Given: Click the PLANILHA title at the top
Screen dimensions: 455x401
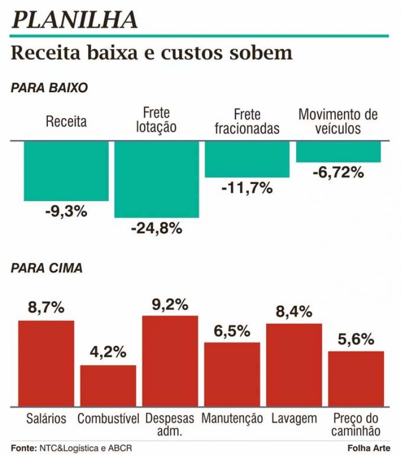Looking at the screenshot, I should [x=74, y=19].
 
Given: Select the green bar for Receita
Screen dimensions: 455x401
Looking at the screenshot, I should [x=66, y=171].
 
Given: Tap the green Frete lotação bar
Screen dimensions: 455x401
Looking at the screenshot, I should [x=157, y=179].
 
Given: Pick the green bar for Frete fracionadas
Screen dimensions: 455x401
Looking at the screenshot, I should [x=247, y=159].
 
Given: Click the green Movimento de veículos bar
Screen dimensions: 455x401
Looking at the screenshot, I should [x=339, y=151].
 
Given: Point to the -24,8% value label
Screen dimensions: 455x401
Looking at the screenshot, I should [x=157, y=228].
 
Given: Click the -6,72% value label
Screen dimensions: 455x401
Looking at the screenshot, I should [x=338, y=172].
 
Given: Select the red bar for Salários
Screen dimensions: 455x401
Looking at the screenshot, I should [x=46, y=363].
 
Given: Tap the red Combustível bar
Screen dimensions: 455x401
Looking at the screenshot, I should [x=108, y=385].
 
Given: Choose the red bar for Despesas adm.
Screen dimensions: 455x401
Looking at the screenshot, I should [x=170, y=361].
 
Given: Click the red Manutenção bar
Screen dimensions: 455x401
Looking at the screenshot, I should [x=232, y=374].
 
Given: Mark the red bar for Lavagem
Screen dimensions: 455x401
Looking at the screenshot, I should [x=294, y=364].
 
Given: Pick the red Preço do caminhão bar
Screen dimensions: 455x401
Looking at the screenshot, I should [x=356, y=378].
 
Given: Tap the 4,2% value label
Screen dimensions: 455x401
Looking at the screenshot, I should [x=108, y=352].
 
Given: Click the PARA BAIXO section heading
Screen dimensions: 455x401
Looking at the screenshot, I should [x=49, y=88].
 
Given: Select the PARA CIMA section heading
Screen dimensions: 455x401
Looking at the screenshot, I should [x=46, y=269].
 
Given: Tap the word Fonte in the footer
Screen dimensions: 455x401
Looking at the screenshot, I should [x=22, y=447].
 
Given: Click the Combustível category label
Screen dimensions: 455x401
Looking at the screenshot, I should [x=108, y=419].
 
